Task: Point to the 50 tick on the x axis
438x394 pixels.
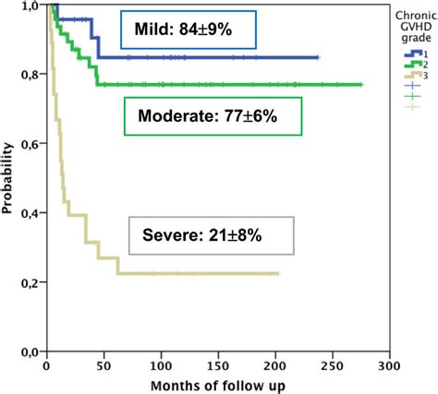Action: tap(103, 365)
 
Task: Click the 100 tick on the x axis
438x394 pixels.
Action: tap(161, 365)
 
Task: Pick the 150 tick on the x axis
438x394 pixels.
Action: tap(218, 365)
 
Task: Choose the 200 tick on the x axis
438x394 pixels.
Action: tap(275, 365)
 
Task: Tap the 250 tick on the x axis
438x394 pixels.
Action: tap(333, 365)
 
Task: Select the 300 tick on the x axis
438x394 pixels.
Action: tap(390, 365)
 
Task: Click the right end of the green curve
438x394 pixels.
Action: tap(361, 85)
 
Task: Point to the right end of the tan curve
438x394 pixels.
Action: tap(277, 274)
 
